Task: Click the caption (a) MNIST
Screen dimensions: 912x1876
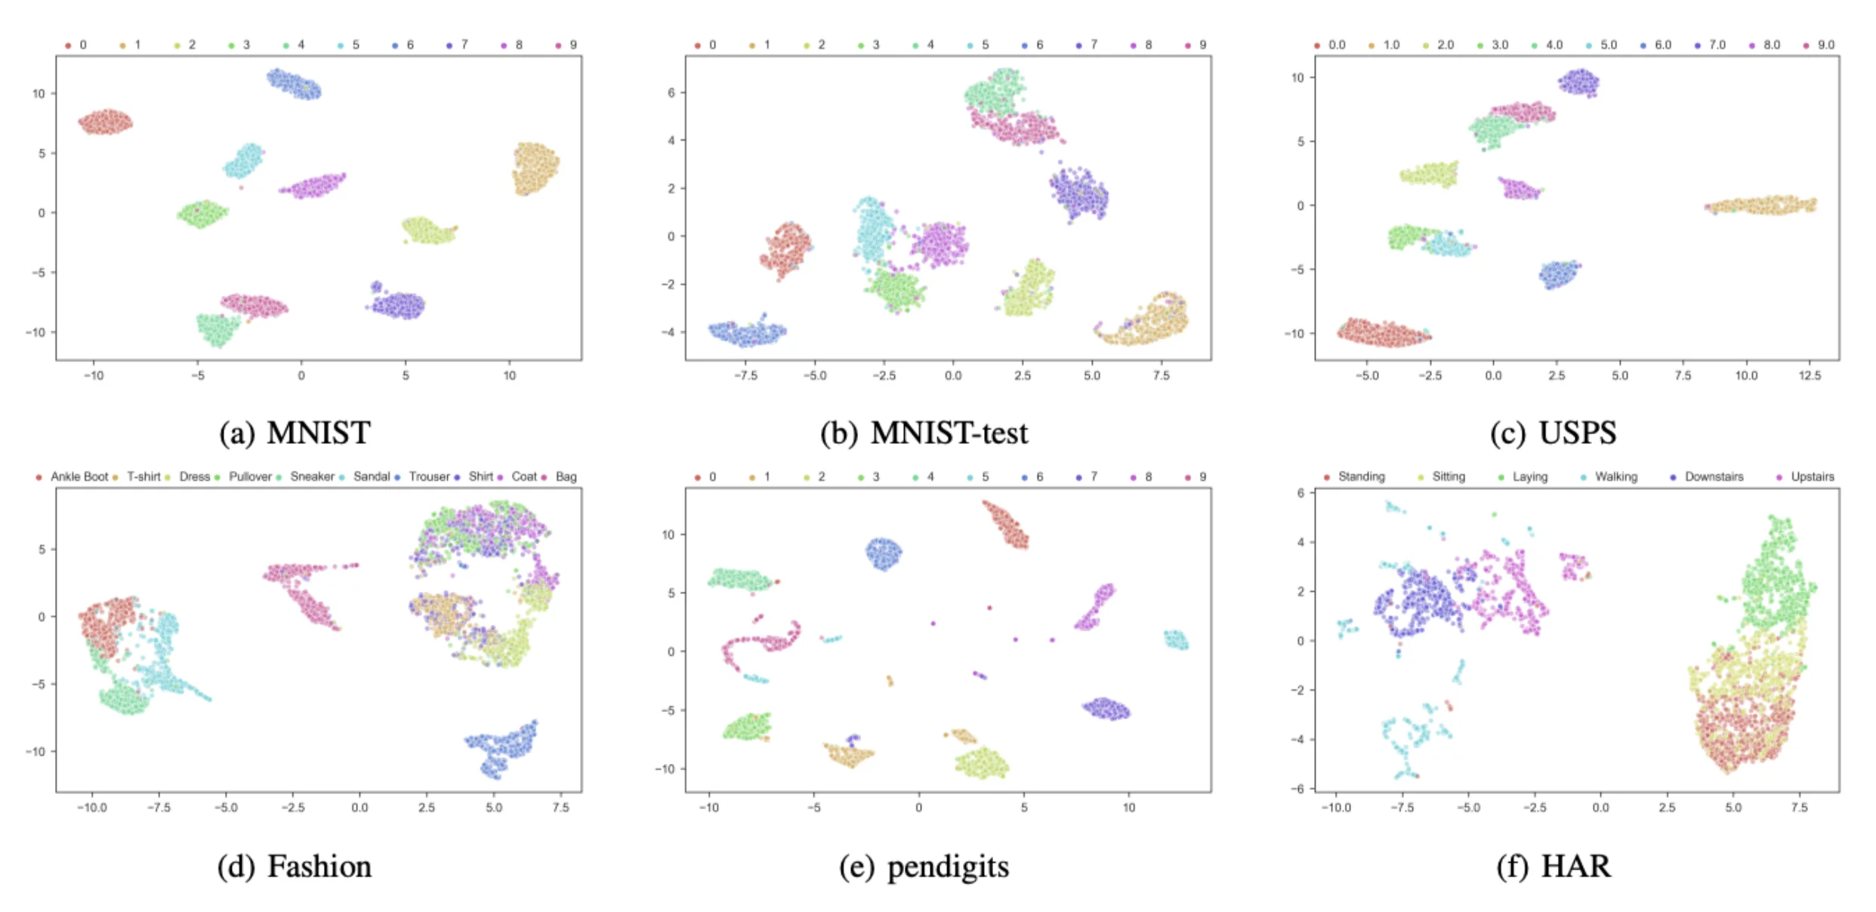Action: [295, 433]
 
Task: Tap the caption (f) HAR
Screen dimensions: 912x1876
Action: [1554, 866]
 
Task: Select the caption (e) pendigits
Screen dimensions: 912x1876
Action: [924, 867]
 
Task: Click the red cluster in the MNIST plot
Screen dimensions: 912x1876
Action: [106, 122]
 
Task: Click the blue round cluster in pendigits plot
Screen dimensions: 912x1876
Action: [883, 553]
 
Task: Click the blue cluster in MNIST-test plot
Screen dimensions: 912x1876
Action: [748, 333]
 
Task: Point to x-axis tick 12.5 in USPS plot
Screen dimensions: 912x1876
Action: [1810, 375]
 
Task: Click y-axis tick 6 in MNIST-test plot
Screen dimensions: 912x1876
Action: [671, 93]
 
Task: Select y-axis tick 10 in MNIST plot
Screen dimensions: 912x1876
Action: [39, 94]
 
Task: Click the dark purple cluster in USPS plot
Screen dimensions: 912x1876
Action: [1578, 82]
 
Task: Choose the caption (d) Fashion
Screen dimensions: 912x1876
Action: [295, 867]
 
